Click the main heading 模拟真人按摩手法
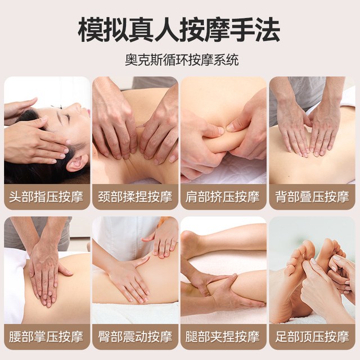click(x=179, y=30)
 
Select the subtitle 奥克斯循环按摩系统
click(x=182, y=60)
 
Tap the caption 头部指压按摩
click(x=46, y=197)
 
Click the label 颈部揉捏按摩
click(x=135, y=197)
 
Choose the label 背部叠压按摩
click(x=312, y=197)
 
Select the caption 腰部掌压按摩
click(x=46, y=337)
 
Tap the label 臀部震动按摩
click(x=135, y=337)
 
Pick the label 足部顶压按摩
click(x=312, y=337)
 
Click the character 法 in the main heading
click(x=267, y=30)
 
